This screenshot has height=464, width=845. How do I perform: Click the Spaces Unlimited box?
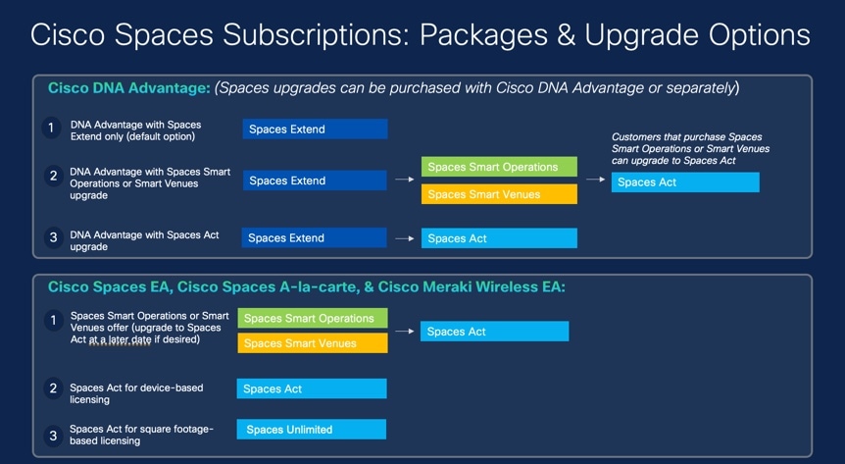coord(312,430)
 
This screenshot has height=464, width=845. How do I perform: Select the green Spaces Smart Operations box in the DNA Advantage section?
coord(499,167)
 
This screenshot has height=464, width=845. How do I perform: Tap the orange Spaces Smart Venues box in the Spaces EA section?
coord(313,343)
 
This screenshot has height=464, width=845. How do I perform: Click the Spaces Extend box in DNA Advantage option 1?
coord(315,129)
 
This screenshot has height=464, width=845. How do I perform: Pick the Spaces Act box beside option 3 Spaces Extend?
coord(499,238)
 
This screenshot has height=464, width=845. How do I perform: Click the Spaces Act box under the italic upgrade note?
coord(685,182)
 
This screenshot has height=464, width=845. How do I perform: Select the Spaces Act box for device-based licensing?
coord(312,388)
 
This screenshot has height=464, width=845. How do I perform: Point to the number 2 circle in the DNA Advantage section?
coord(53,176)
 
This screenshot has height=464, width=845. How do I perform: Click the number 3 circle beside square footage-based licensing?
coord(53,436)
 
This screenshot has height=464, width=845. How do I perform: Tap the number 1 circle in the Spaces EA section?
coord(53,321)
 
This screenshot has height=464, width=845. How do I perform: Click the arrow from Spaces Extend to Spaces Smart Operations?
coord(404,180)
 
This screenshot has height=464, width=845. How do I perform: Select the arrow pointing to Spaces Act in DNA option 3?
coord(404,238)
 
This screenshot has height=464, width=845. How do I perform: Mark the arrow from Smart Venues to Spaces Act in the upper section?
coord(595,180)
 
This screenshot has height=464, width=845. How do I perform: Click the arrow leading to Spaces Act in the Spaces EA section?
coord(404,332)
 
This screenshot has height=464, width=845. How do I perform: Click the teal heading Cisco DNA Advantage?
coord(128,88)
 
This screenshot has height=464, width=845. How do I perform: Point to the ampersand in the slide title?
coord(566,35)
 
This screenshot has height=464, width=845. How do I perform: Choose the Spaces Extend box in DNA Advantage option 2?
coord(315,180)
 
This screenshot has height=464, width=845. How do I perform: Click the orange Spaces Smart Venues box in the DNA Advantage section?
coord(499,194)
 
